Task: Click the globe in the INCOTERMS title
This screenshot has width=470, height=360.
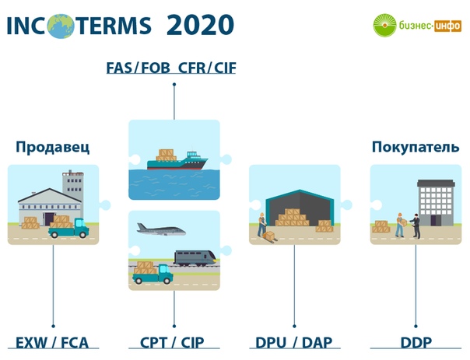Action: (60, 26)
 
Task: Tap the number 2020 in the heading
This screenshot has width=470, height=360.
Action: (200, 25)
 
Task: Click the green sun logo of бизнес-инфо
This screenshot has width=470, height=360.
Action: (384, 25)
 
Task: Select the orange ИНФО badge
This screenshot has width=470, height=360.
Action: (447, 26)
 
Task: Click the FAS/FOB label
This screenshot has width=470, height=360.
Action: (139, 68)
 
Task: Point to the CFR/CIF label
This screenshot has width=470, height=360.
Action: (207, 68)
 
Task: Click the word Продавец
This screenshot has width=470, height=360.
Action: (53, 147)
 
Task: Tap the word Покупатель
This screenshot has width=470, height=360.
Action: (416, 147)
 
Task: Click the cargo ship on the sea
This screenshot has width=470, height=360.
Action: (177, 160)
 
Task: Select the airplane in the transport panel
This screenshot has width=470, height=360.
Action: (161, 229)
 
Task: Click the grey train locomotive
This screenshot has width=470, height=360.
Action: (195, 258)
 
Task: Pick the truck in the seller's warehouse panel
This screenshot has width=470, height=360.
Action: (68, 228)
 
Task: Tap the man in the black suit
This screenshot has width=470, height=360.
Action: (416, 225)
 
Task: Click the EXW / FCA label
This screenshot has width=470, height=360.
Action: (52, 343)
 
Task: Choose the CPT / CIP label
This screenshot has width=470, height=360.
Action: (172, 343)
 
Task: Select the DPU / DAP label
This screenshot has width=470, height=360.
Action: (294, 343)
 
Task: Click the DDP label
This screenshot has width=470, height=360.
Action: (416, 343)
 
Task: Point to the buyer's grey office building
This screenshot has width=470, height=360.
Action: (436, 203)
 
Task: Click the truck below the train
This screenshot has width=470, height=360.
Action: (153, 273)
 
